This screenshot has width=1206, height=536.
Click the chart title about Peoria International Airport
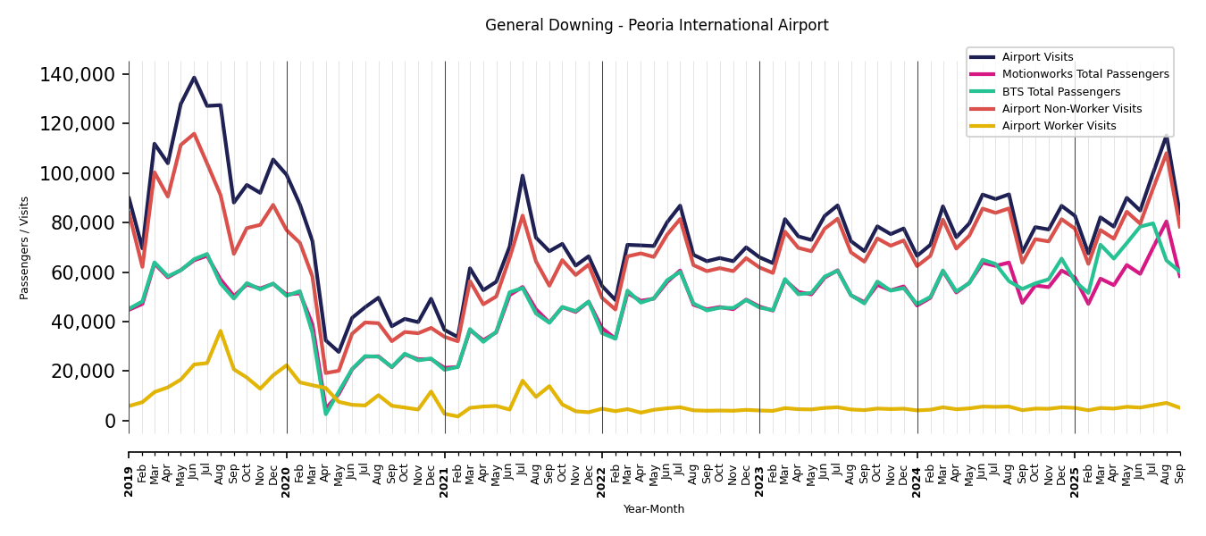point(657,26)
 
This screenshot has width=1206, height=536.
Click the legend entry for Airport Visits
point(1037,57)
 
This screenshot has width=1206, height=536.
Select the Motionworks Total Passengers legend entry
point(1085,74)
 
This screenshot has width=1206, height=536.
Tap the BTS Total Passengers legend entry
point(1060,92)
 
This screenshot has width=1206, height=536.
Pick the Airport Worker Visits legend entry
point(1059,126)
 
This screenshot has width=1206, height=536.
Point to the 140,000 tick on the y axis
point(78,74)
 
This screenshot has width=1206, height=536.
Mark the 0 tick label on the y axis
point(110,421)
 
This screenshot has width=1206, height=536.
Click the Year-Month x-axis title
point(654,509)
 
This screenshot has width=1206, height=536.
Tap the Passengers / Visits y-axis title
point(25,247)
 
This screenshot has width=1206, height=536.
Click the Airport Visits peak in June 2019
point(194,78)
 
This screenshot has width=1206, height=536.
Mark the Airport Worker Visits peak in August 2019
point(221,331)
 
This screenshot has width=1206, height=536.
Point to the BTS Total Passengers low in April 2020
point(326,414)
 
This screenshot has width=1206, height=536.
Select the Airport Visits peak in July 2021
point(523,176)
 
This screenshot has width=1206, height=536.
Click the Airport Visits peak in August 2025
point(1166,137)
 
